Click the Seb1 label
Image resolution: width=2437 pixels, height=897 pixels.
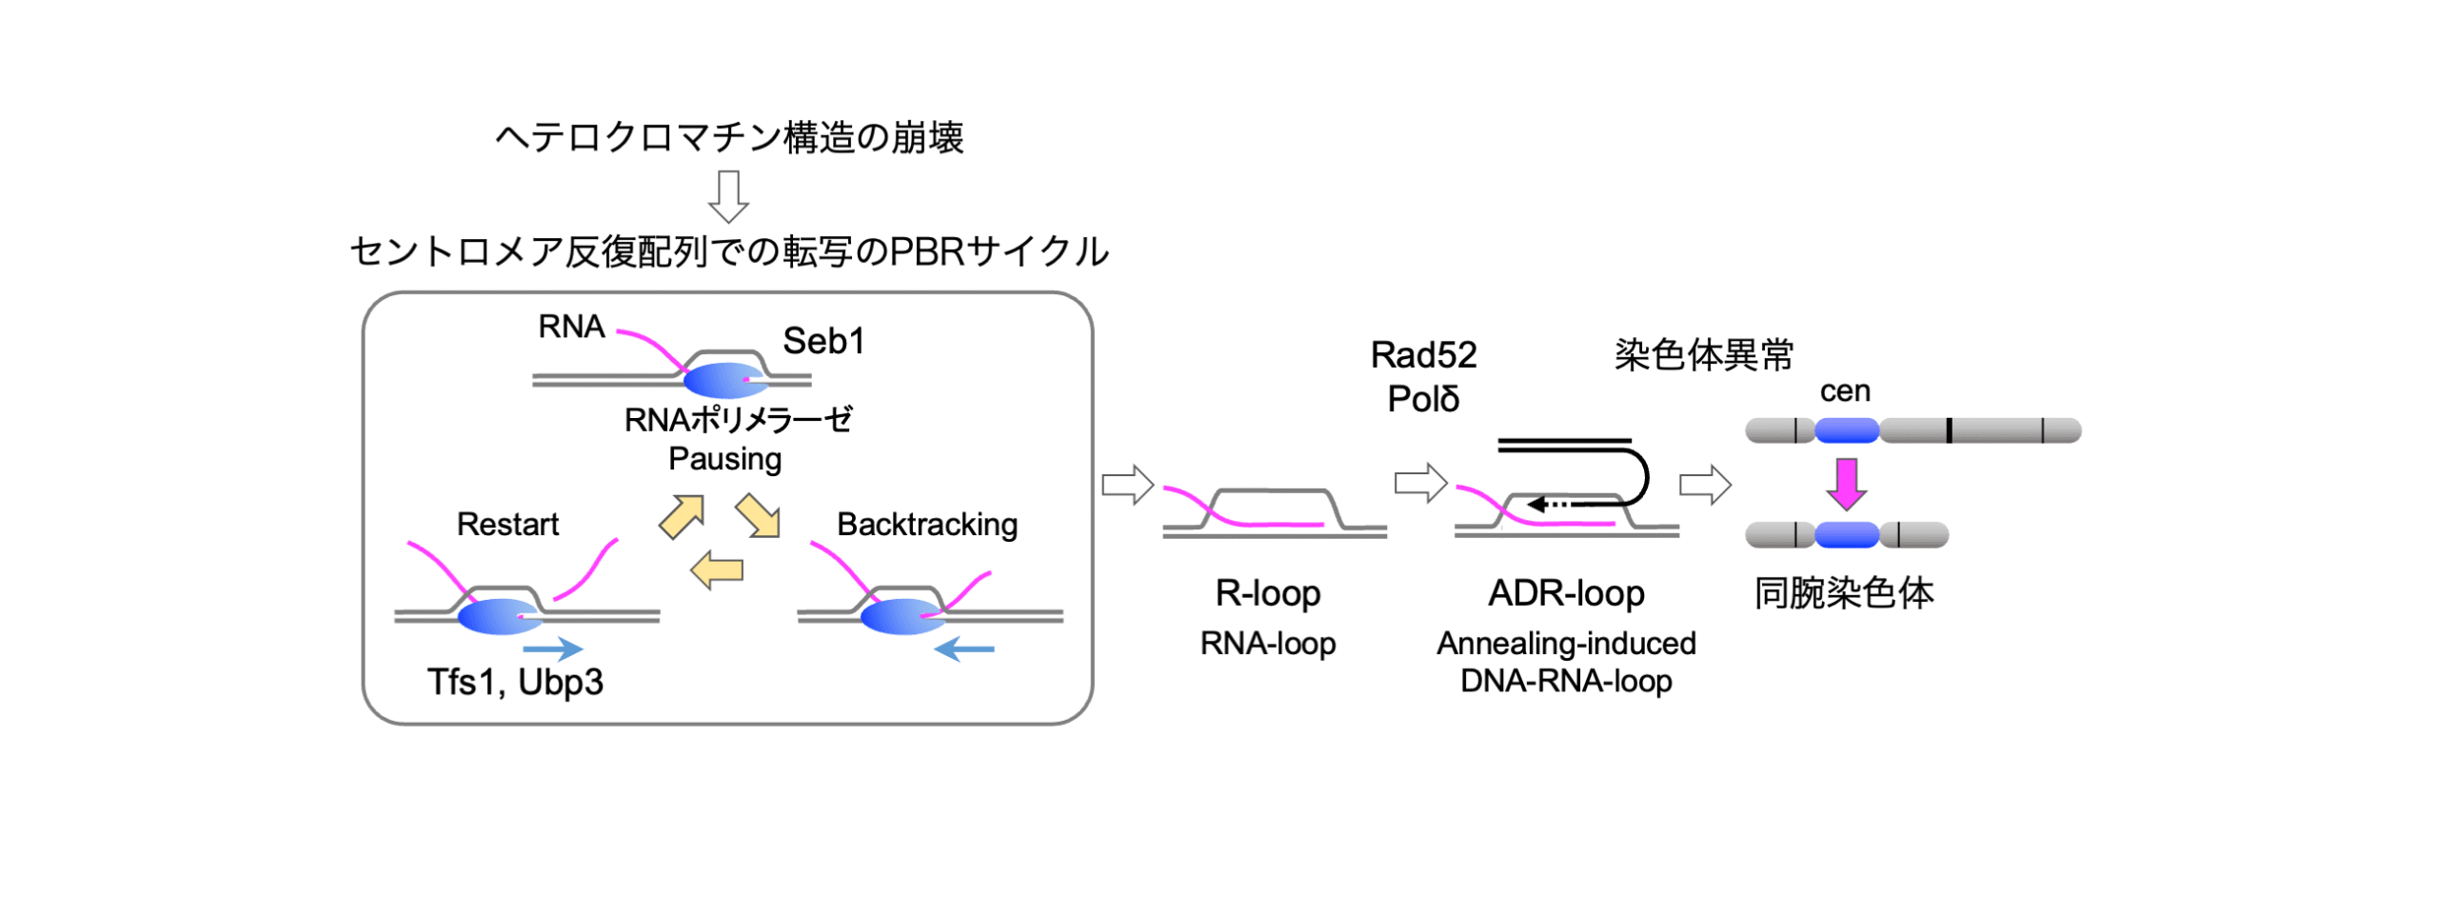coord(822,341)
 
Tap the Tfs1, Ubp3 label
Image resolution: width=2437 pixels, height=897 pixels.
coord(514,682)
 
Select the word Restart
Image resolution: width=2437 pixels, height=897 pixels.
coord(507,524)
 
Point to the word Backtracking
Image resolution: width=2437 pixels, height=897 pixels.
coord(926,524)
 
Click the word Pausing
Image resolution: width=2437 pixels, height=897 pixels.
coord(724,459)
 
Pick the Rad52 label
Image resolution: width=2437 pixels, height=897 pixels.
coord(1422,355)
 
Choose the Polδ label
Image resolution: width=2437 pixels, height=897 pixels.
coord(1422,399)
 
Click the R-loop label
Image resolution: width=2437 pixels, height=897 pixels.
coord(1267,593)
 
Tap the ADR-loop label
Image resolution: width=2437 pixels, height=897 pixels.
coord(1565,593)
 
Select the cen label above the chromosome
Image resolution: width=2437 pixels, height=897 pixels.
coord(1844,390)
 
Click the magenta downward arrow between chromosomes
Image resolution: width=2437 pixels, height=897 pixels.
coord(1845,484)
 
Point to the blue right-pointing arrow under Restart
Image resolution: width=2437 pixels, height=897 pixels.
coord(552,649)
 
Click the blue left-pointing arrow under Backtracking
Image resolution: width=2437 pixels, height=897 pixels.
coord(963,649)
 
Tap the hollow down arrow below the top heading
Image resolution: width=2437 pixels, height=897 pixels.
coord(728,196)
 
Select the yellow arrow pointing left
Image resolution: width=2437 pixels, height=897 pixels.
coord(716,570)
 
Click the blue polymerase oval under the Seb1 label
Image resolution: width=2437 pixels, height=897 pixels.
coord(723,380)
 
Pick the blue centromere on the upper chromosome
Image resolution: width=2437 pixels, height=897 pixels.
coord(1846,430)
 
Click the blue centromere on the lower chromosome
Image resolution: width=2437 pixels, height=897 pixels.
coord(1846,535)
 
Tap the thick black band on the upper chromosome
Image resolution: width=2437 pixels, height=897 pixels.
coord(1949,430)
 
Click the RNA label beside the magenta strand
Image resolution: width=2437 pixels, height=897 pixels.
coord(571,327)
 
